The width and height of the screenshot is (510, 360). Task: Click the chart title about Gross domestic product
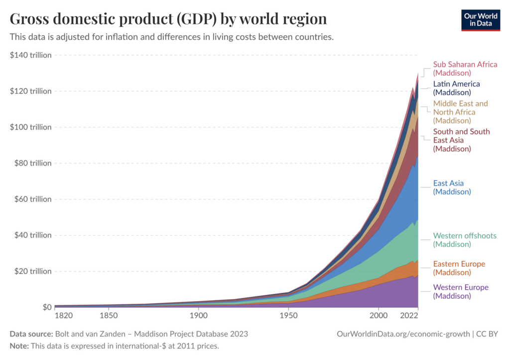[168, 19]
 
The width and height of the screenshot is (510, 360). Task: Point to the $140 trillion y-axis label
[31, 55]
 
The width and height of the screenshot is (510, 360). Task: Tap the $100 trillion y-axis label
[31, 127]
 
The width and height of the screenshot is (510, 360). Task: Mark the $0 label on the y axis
[46, 307]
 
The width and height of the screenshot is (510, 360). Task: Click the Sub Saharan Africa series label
[465, 69]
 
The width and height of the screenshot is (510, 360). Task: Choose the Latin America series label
[456, 88]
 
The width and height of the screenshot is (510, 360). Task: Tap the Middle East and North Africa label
[460, 112]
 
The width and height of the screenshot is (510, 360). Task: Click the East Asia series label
[452, 187]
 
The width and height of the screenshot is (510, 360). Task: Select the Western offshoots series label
[465, 240]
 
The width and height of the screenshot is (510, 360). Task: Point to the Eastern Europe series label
[459, 268]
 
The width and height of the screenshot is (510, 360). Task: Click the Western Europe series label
[461, 291]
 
